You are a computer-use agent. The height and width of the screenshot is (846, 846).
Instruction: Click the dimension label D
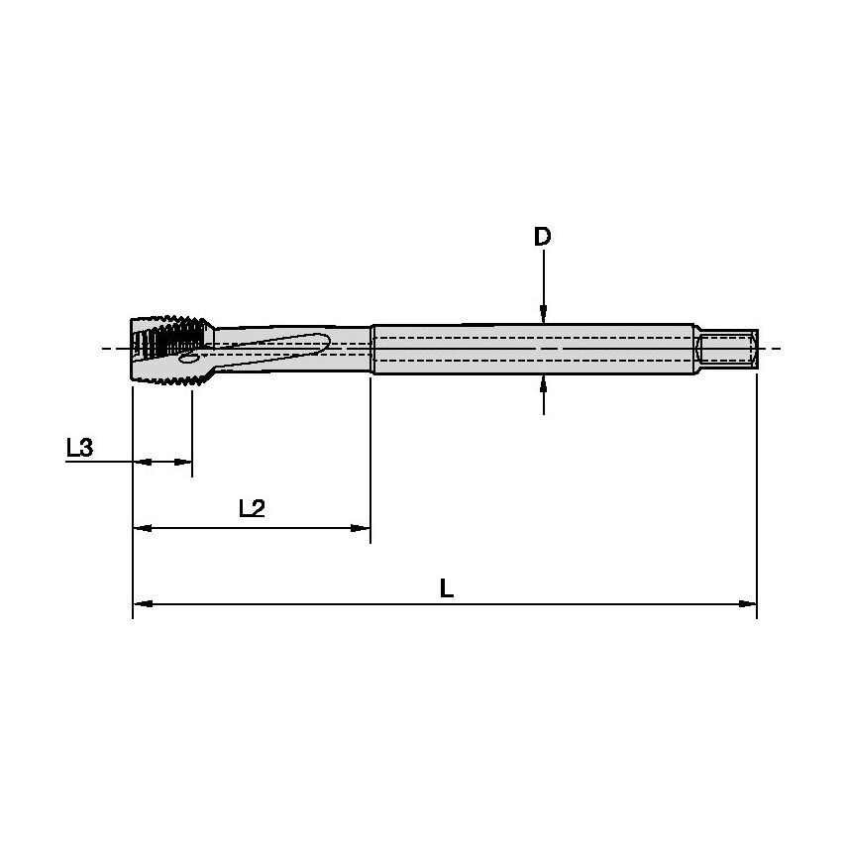tap(542, 238)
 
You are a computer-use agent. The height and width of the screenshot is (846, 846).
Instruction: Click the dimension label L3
tap(79, 449)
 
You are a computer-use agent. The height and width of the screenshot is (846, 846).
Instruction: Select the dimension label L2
tap(252, 509)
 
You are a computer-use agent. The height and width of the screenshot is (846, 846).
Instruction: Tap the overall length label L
tap(447, 589)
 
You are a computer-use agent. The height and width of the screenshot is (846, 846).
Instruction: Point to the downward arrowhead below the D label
tap(543, 314)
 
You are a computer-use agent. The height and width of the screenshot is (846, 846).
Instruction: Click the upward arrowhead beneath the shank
tap(543, 382)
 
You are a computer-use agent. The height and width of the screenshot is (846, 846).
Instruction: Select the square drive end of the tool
tap(729, 349)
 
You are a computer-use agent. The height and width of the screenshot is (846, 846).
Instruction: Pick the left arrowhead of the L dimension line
tap(141, 602)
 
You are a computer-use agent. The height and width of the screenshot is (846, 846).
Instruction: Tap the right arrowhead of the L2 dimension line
tap(362, 530)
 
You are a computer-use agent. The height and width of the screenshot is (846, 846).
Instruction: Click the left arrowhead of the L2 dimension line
tap(141, 530)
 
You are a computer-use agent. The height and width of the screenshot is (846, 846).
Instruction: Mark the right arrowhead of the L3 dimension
tap(183, 462)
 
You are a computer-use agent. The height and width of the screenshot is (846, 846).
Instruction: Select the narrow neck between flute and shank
tap(352, 349)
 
